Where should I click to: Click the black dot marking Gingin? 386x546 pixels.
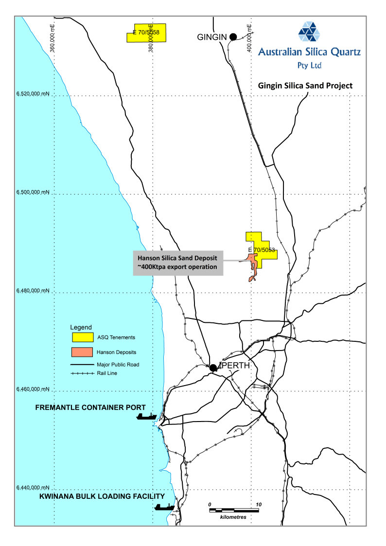point(233,36)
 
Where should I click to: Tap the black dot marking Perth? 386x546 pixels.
point(213,368)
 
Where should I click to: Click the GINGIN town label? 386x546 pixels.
point(212,37)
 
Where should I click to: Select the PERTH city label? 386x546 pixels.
point(236,365)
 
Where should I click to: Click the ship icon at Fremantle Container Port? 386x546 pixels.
point(146,416)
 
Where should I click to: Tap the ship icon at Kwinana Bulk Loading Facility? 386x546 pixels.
point(164,507)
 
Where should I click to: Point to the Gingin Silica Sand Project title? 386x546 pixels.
point(305,86)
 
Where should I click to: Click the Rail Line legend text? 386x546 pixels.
point(107,373)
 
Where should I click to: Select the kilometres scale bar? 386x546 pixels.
point(235,510)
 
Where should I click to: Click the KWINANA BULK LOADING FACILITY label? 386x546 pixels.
point(102,496)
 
